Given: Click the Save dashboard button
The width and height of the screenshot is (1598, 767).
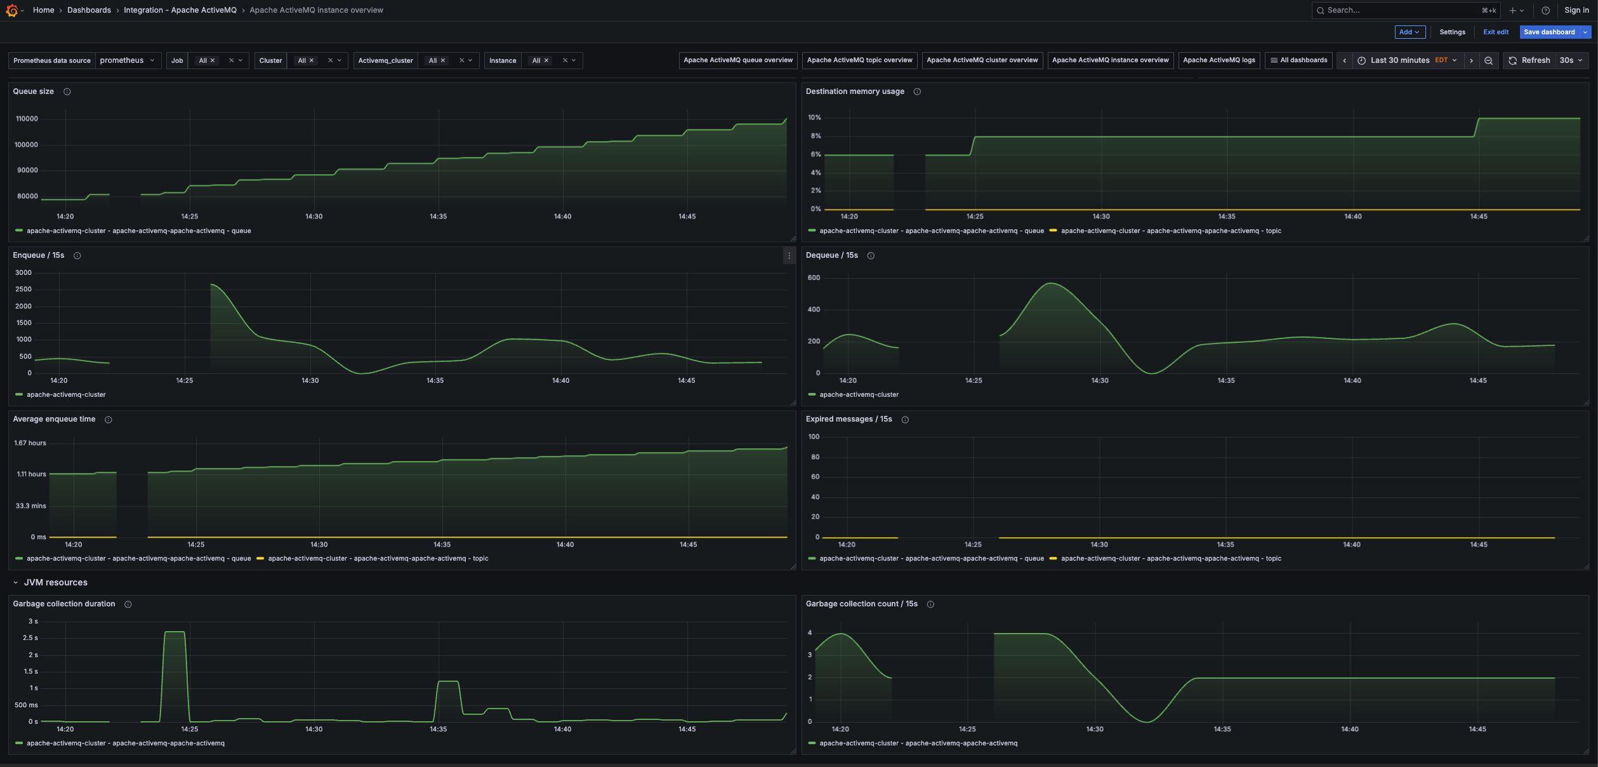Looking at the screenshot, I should [x=1548, y=32].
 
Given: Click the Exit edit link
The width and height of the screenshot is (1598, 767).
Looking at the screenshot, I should [x=1495, y=32].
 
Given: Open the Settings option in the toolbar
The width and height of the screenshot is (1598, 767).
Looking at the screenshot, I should [x=1452, y=32].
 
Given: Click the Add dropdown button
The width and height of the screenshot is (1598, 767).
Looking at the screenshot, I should [x=1409, y=32].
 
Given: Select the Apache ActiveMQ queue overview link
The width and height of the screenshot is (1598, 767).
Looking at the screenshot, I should [x=737, y=60].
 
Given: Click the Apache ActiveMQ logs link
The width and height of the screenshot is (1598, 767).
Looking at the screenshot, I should [x=1218, y=60].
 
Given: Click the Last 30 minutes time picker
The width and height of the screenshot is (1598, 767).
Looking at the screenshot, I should [x=1399, y=60].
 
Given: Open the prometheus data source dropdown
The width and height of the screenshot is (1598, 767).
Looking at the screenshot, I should [x=127, y=60].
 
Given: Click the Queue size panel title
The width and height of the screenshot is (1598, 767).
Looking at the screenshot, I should [x=33, y=91].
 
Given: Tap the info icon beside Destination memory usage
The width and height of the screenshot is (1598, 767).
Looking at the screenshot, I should [x=917, y=91].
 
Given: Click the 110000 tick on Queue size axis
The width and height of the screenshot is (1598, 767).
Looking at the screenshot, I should [x=27, y=119].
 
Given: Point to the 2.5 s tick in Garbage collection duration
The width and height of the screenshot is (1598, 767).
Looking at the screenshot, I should [x=30, y=637].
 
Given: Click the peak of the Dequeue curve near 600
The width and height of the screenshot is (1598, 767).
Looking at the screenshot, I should [x=1052, y=283].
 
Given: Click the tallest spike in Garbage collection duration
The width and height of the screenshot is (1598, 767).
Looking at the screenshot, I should [x=175, y=632].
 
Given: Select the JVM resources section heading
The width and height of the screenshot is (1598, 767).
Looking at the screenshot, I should [x=56, y=582].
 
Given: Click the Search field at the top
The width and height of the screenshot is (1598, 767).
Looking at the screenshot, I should [x=1403, y=10].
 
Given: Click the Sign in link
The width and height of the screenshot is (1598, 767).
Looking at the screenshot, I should [x=1576, y=10].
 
